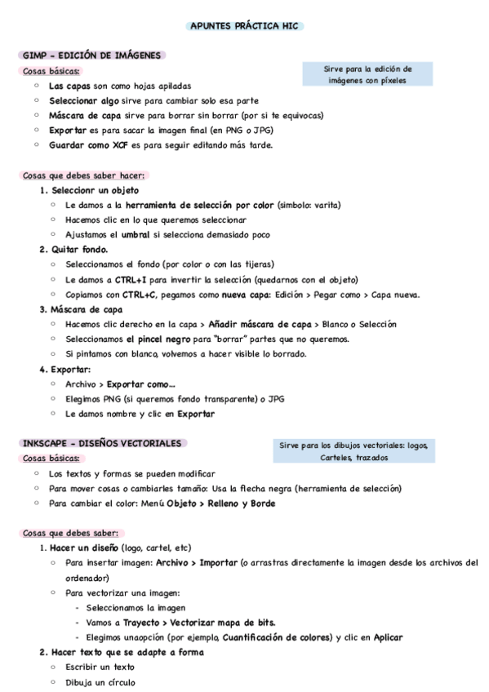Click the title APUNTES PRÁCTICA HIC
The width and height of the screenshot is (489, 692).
point(244,26)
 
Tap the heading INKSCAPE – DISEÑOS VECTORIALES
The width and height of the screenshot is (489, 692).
point(102,443)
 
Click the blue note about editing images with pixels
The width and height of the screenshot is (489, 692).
point(370,74)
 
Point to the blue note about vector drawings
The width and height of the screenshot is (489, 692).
point(353,451)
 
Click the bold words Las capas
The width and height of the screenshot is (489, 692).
point(69,86)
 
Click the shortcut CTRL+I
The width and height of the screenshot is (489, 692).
point(130,279)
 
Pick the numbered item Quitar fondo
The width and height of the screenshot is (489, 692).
point(79,250)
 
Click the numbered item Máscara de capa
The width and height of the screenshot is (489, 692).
point(87,309)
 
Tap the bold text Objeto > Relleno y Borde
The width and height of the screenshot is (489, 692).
point(220,503)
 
